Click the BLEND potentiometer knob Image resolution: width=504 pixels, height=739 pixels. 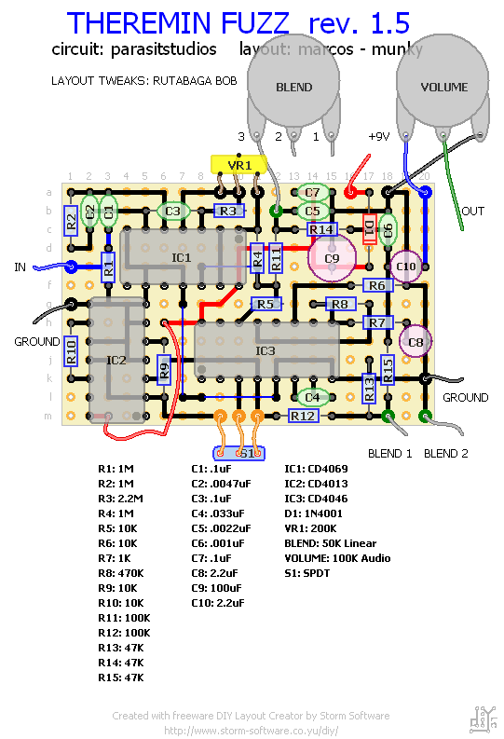pyautogui.click(x=293, y=87)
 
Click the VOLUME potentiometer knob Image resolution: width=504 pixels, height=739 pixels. pyautogui.click(x=443, y=87)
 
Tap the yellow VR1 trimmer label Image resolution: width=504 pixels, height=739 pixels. pyautogui.click(x=239, y=164)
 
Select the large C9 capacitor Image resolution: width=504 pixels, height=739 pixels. pyautogui.click(x=332, y=257)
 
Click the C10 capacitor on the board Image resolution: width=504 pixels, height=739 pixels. pyautogui.click(x=406, y=267)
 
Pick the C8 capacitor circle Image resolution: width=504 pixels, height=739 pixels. pyautogui.click(x=416, y=342)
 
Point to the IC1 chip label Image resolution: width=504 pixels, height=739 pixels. pyautogui.click(x=181, y=256)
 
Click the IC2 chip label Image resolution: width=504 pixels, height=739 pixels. pyautogui.click(x=116, y=360)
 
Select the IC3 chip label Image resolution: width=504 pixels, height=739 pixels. pyautogui.click(x=266, y=350)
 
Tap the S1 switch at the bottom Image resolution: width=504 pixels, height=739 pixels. pyautogui.click(x=239, y=453)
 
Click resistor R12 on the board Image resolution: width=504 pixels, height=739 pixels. pyautogui.click(x=303, y=416)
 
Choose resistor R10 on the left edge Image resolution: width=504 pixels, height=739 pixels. pyautogui.click(x=70, y=350)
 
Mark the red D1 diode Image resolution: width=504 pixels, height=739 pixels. pyautogui.click(x=369, y=228)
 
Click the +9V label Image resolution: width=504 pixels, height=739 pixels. pyautogui.click(x=378, y=136)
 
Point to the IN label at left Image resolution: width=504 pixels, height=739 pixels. pyautogui.click(x=20, y=267)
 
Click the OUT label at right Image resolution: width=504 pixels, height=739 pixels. pyautogui.click(x=473, y=212)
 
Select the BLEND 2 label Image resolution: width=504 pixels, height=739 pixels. pyautogui.click(x=446, y=453)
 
